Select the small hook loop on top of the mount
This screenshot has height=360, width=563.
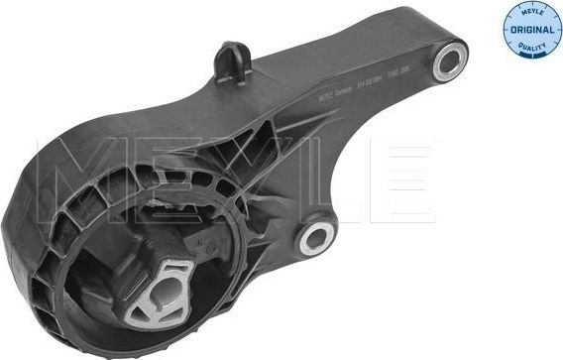(x=231, y=60)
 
